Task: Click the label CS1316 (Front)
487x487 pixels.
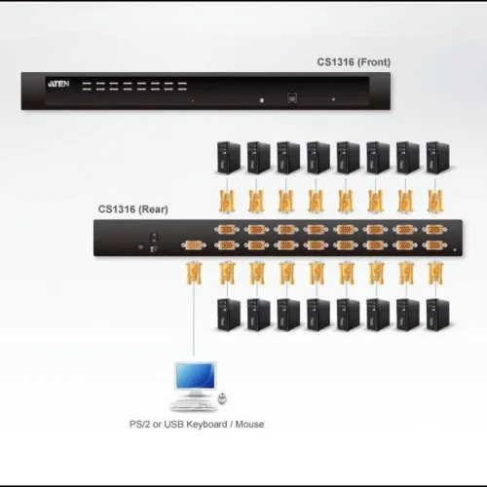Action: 353,61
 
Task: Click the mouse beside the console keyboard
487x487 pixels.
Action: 223,398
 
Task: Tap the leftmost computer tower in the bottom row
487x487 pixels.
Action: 224,314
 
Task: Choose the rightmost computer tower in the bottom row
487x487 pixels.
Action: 435,314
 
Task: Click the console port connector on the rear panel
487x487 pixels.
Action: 193,245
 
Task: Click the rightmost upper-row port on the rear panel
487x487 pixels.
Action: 435,231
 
